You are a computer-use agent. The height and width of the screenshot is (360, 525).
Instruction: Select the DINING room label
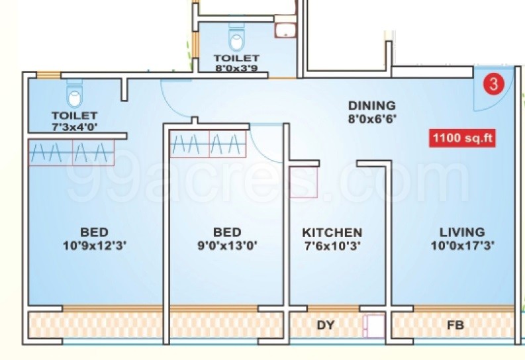click(x=371, y=105)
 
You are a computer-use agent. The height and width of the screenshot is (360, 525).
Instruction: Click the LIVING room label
click(x=462, y=232)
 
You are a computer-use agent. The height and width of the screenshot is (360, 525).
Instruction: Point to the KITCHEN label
click(x=332, y=232)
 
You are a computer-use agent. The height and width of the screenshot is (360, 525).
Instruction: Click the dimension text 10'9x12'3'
click(x=94, y=245)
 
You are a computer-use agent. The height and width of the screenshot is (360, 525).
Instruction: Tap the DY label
click(x=325, y=326)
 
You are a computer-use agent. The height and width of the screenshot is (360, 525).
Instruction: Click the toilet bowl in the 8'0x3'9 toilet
click(x=236, y=40)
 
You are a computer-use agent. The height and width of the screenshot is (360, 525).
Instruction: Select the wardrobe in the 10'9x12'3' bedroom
click(x=70, y=153)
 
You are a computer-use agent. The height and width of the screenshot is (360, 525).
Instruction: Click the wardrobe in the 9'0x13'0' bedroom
click(x=208, y=144)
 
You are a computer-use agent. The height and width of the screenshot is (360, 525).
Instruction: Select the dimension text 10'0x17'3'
click(x=462, y=245)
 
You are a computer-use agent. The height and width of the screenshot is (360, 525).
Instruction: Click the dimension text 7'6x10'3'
click(x=332, y=245)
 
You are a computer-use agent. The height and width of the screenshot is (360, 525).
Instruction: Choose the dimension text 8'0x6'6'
click(x=371, y=118)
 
